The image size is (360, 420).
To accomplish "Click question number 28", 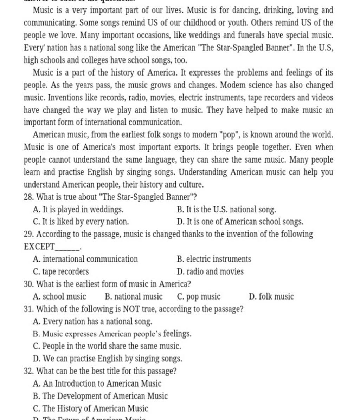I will point(28,197).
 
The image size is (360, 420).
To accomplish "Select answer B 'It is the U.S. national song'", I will point(226,210).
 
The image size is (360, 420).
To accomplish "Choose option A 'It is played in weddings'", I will point(78,210).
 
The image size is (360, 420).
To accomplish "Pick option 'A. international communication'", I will point(85,259).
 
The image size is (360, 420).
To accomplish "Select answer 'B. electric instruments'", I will point(214,259).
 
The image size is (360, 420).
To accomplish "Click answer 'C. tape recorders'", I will point(60,271).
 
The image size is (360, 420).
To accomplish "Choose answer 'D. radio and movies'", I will point(210,271).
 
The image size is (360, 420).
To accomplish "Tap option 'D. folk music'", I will point(271,297).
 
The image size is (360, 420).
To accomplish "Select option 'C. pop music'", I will point(199,297).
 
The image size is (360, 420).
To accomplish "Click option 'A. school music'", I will point(59,297).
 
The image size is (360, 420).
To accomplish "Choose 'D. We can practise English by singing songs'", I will point(107,359).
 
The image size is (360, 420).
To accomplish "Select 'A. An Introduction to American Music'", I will point(97,383).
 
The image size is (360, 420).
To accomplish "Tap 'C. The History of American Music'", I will point(90,408).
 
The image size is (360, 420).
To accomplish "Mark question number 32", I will point(28,371).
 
